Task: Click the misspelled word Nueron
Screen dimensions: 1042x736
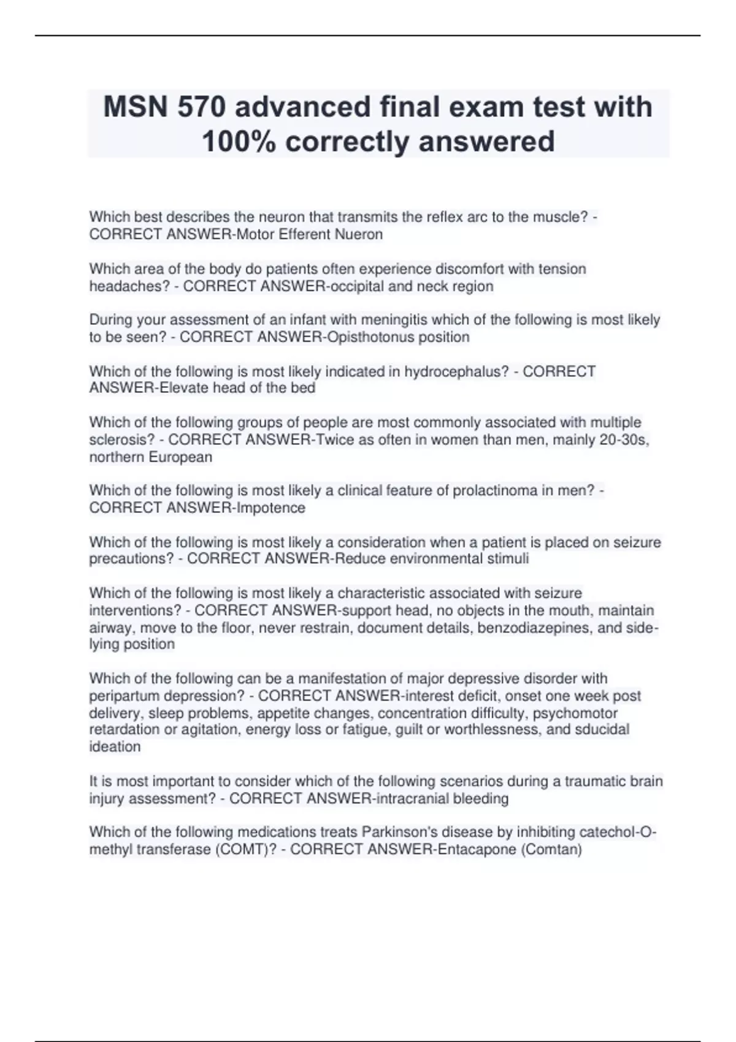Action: [x=361, y=234]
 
